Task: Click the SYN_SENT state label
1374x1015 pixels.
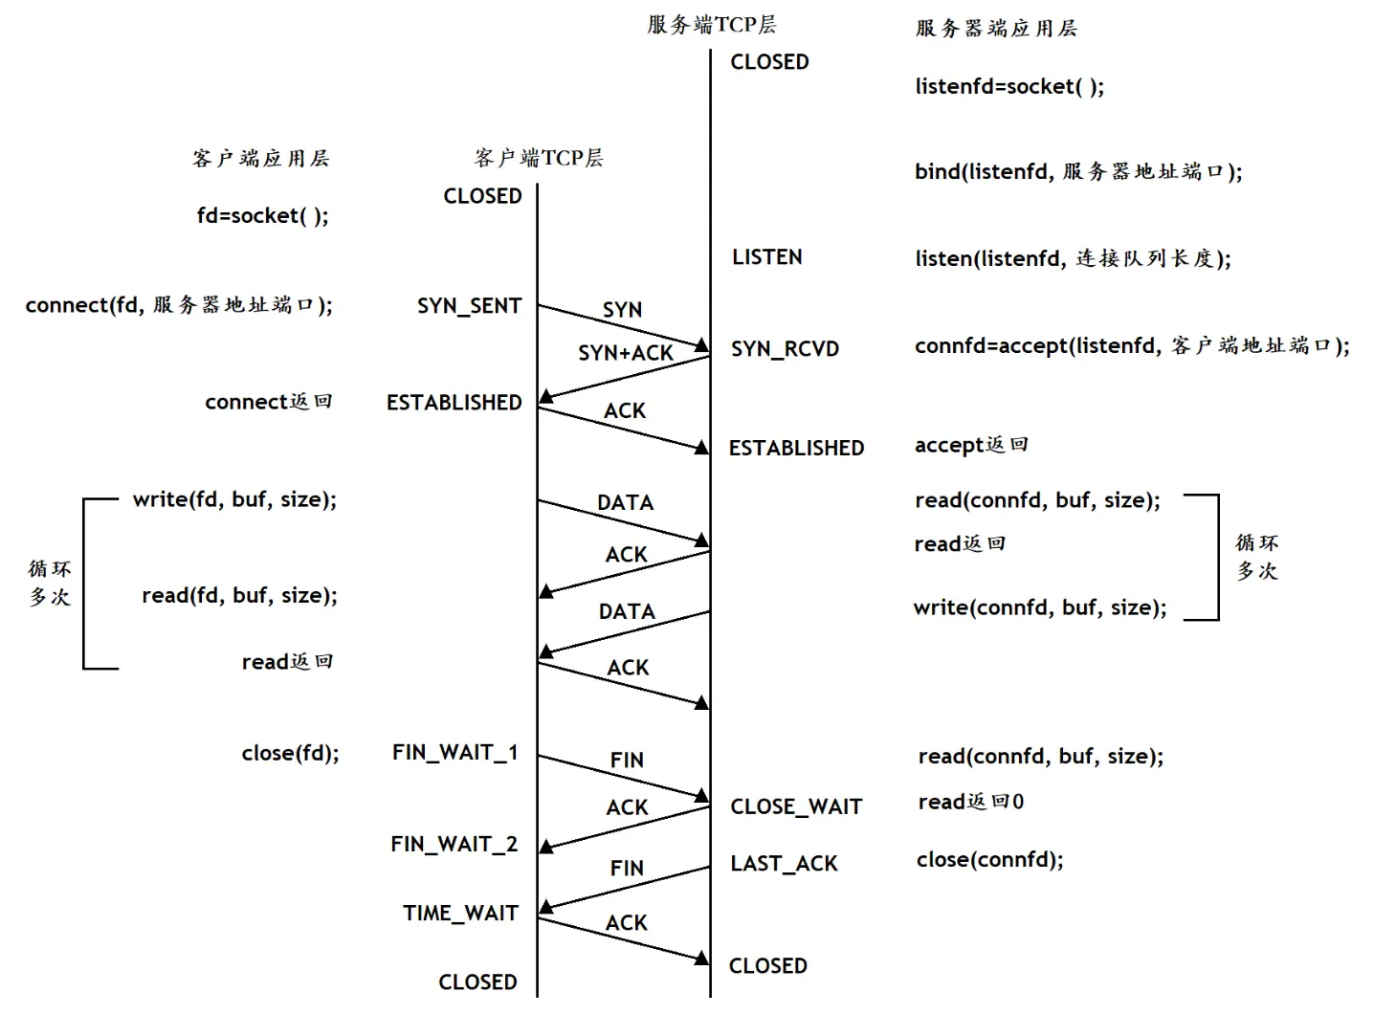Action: click(x=469, y=306)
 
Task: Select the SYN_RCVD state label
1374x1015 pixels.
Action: click(x=785, y=349)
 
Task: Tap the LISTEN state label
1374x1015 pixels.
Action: click(x=766, y=257)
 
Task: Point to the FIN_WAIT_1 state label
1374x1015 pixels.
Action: click(x=454, y=753)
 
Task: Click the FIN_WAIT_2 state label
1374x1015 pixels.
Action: click(x=454, y=844)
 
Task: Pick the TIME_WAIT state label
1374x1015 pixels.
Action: click(x=460, y=914)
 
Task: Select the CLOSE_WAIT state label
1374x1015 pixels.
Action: click(x=796, y=806)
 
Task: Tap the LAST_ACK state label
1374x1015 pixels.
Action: click(x=784, y=864)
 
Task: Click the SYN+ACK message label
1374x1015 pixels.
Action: click(x=626, y=353)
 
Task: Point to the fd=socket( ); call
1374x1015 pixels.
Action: click(x=262, y=216)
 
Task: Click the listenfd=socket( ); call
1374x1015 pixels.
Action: click(x=1009, y=87)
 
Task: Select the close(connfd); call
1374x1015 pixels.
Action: click(x=989, y=859)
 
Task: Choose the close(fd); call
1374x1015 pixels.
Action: click(x=290, y=753)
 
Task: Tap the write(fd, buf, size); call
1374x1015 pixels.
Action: click(x=234, y=499)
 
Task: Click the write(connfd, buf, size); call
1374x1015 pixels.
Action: click(x=1040, y=607)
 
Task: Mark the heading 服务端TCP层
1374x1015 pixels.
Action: click(x=711, y=25)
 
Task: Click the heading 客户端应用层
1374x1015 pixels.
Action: click(x=260, y=159)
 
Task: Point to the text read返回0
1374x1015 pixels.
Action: click(x=970, y=802)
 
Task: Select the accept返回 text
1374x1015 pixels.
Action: click(x=971, y=445)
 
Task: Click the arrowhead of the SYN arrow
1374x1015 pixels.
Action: click(x=703, y=345)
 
